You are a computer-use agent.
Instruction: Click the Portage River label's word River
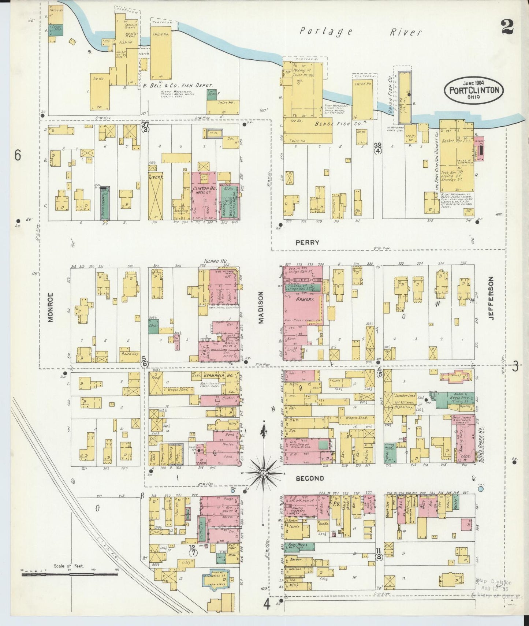click(405, 32)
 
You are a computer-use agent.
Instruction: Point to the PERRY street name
click(308, 242)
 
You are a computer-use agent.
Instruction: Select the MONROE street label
click(51, 307)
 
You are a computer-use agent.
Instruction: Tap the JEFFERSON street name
click(491, 298)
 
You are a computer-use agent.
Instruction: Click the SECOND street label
click(310, 478)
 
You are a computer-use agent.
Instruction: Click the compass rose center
click(263, 473)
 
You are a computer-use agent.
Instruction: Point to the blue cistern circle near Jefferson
click(481, 488)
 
